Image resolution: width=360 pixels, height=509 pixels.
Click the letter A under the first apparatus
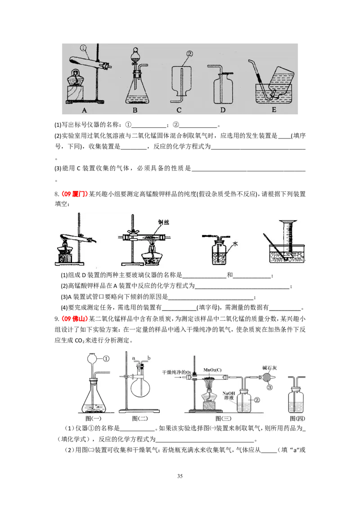pyautogui.click(x=84, y=110)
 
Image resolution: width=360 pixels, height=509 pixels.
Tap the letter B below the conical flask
pyautogui.click(x=135, y=110)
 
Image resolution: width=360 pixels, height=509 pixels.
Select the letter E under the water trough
pyautogui.click(x=274, y=110)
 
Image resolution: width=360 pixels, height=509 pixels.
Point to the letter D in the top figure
pyautogui.click(x=223, y=110)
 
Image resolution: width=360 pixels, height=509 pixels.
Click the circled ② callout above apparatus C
pyautogui.click(x=190, y=54)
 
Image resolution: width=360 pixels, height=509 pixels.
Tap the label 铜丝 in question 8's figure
pyautogui.click(x=163, y=222)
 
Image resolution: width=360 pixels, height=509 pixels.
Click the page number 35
pyautogui.click(x=180, y=476)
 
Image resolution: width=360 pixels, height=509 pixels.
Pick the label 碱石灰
pyautogui.click(x=270, y=368)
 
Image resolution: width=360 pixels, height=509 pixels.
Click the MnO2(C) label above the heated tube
pyautogui.click(x=212, y=370)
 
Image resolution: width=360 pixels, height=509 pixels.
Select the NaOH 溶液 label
pyautogui.click(x=229, y=395)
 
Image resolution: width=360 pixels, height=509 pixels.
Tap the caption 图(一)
pyautogui.click(x=93, y=419)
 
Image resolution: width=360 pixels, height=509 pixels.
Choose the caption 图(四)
pyautogui.click(x=297, y=419)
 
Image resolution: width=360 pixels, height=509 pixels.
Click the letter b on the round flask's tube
pyautogui.click(x=149, y=358)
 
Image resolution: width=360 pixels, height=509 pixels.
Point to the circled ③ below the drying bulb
pyautogui.click(x=270, y=387)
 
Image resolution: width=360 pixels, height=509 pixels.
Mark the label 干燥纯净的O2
pyautogui.click(x=177, y=372)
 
